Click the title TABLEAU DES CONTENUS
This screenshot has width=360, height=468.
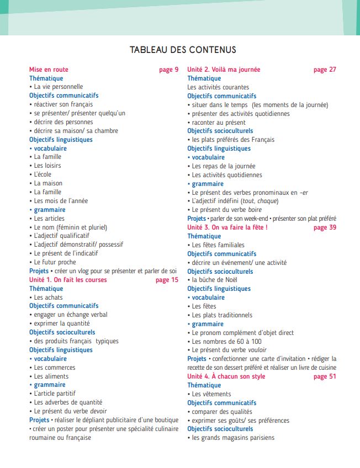pos(183,50)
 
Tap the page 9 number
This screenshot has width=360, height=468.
pos(168,70)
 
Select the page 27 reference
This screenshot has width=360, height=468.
pos(325,70)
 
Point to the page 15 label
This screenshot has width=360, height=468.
pos(167,280)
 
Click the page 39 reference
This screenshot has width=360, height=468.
pos(325,227)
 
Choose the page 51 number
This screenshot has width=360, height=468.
pos(325,376)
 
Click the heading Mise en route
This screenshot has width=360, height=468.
pos(49,70)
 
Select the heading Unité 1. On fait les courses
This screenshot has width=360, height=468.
pos(68,280)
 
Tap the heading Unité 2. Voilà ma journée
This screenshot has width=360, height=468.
pos(224,70)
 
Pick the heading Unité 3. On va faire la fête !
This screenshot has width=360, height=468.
pos(227,227)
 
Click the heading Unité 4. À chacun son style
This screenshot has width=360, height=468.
pos(227,376)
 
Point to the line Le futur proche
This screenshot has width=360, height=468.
pos(55,262)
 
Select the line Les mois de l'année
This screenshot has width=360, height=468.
pos(61,201)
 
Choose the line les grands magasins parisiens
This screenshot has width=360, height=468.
pos(232,438)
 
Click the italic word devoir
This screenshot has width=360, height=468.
pos(97,411)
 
